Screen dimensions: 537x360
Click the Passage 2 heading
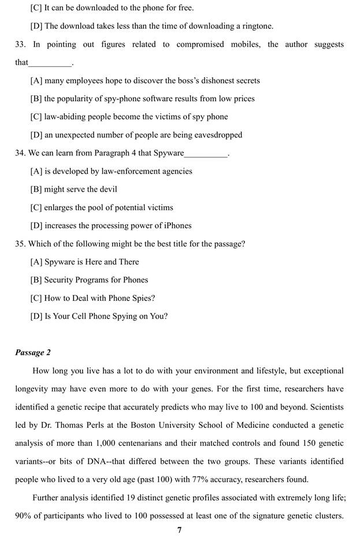(32, 352)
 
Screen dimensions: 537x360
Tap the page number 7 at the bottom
(180, 531)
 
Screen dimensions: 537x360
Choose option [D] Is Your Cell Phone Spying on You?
(99, 316)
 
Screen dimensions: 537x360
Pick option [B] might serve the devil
(73, 189)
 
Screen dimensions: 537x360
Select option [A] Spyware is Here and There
(84, 262)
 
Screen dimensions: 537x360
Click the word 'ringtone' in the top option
(257, 26)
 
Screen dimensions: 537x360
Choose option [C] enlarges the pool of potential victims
(102, 207)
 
